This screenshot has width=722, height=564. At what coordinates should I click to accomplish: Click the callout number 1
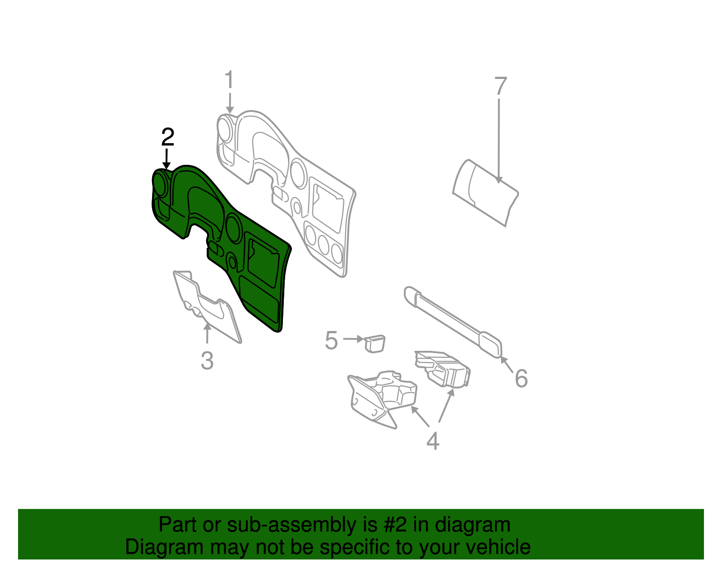pyautogui.click(x=229, y=80)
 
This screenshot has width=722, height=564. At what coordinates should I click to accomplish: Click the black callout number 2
pyautogui.click(x=167, y=137)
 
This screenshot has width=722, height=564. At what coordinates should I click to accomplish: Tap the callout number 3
pyautogui.click(x=207, y=361)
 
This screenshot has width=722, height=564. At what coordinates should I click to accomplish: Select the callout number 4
pyautogui.click(x=432, y=441)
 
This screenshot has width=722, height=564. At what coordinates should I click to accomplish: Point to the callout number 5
pyautogui.click(x=331, y=340)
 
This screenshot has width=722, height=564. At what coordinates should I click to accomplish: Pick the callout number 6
pyautogui.click(x=521, y=378)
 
